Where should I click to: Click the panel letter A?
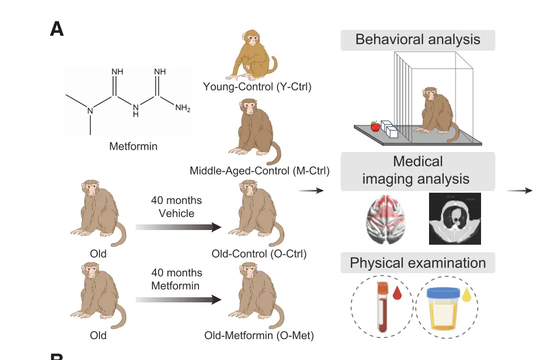click(57, 29)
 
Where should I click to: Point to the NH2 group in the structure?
click(183, 107)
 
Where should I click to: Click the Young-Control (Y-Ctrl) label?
click(258, 87)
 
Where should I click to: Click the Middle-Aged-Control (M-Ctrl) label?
click(260, 170)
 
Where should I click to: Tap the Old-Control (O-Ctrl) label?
click(259, 254)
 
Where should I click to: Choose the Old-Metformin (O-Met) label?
click(259, 336)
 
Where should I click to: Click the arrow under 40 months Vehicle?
click(178, 227)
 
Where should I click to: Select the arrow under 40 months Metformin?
click(178, 300)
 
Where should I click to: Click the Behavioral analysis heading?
click(418, 40)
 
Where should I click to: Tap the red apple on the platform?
click(374, 125)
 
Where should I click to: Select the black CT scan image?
click(455, 219)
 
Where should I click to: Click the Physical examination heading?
click(418, 263)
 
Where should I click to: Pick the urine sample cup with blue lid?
click(444, 308)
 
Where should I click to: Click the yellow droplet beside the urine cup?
click(465, 294)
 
